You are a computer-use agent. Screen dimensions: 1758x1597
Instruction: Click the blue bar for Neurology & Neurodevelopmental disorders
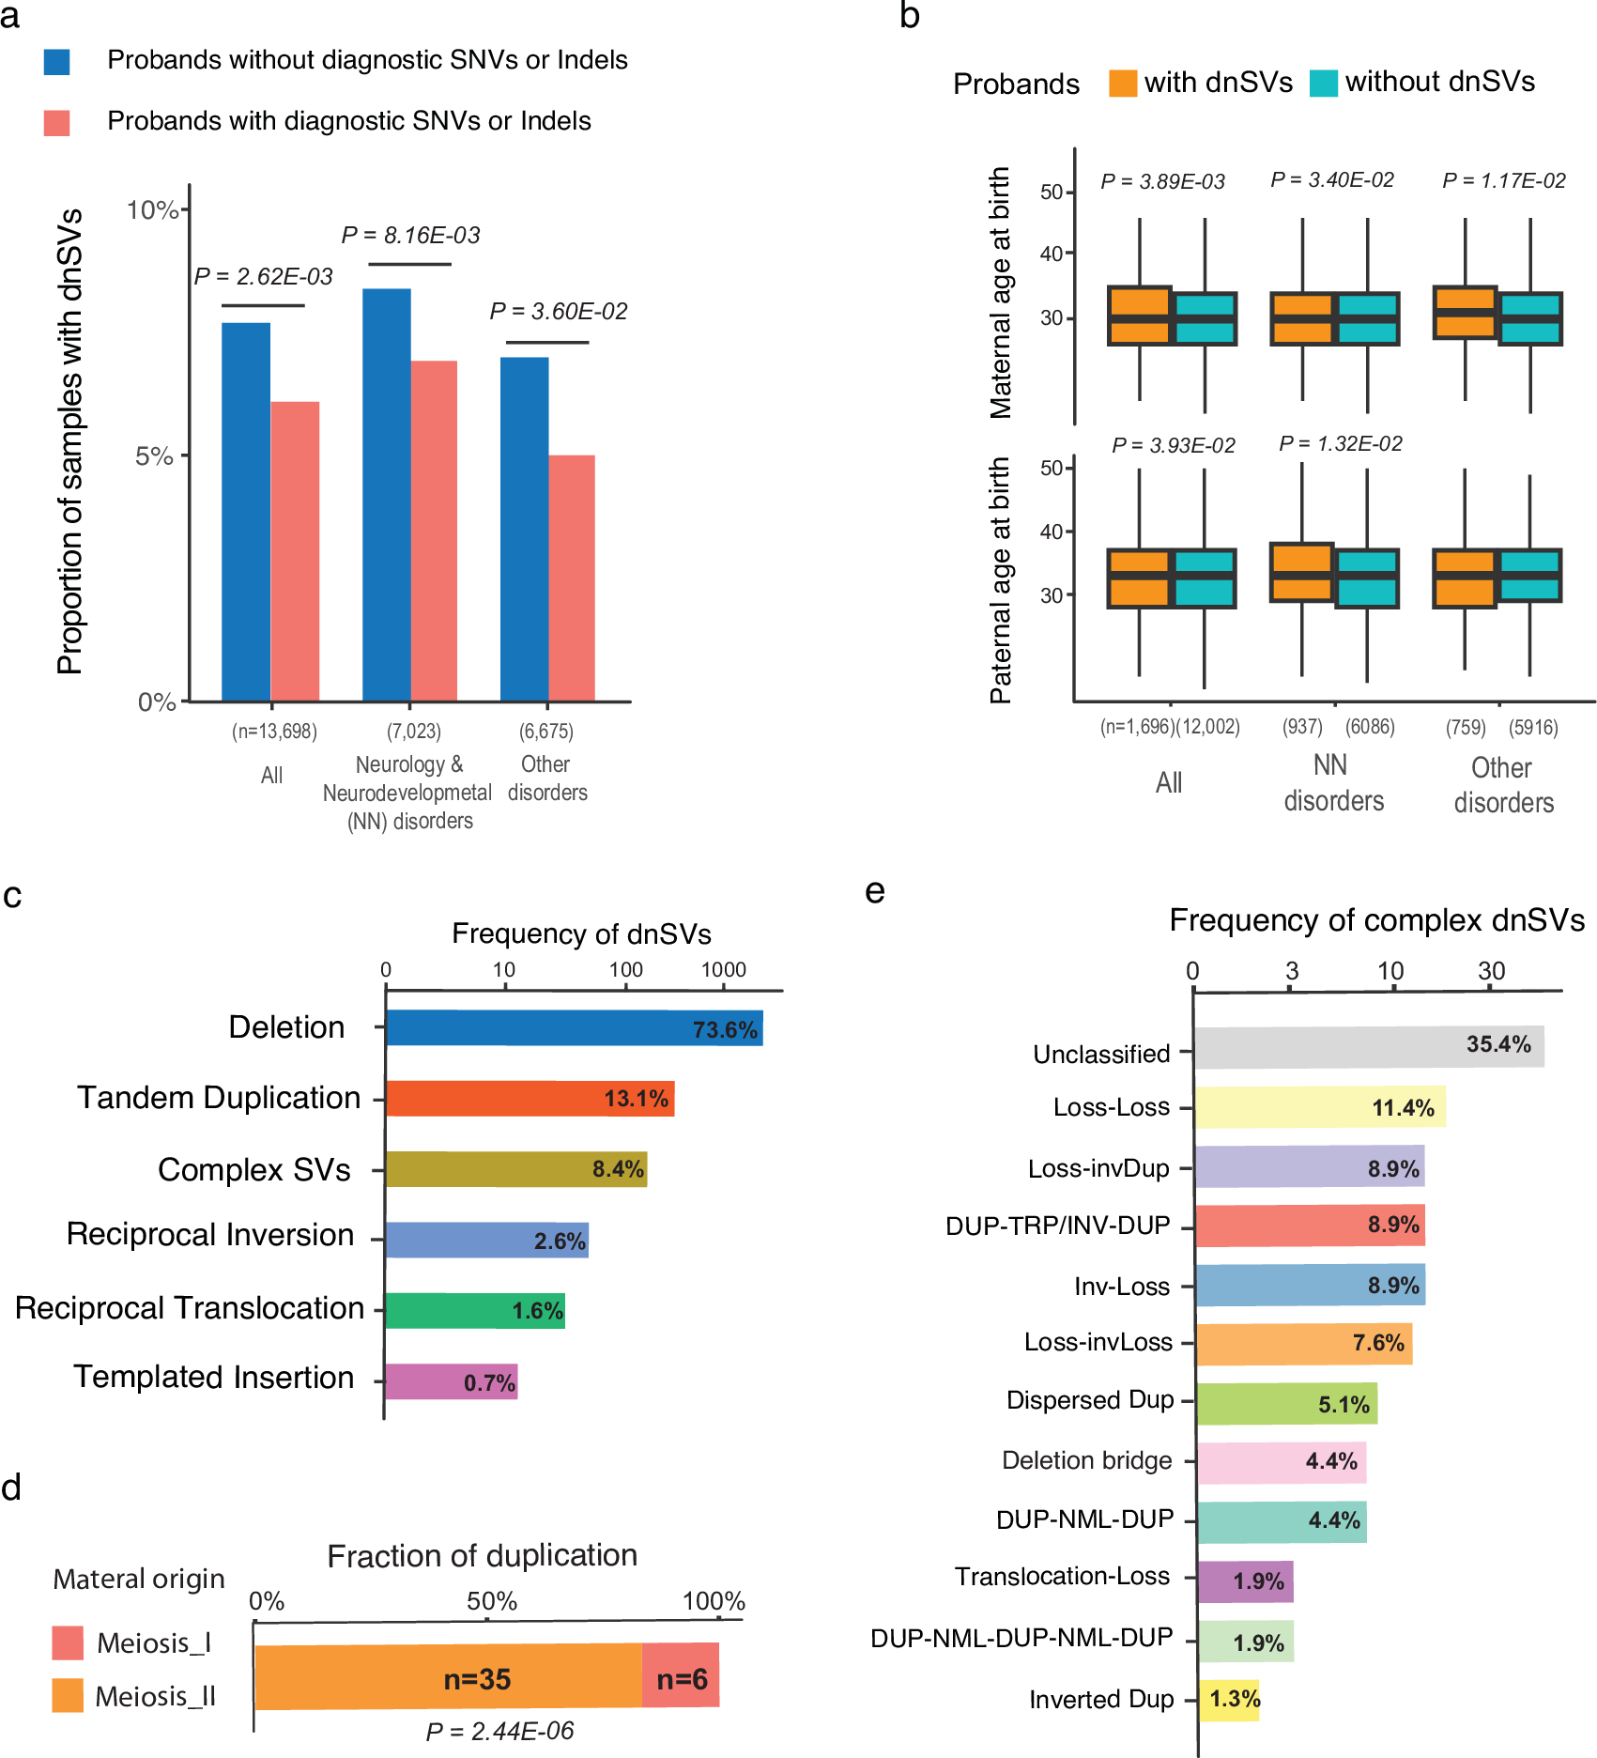coord(386,495)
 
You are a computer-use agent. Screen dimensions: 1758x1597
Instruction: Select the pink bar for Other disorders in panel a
coord(572,578)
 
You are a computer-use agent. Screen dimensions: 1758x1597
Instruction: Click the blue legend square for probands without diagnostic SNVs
coord(57,62)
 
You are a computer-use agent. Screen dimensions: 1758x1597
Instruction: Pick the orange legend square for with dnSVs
coord(1122,83)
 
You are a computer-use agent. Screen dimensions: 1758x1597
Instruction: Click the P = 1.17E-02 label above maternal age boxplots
coord(1503,180)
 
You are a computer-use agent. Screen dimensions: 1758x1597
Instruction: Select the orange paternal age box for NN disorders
coord(1300,572)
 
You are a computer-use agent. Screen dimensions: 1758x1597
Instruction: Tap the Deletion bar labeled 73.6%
coord(574,1028)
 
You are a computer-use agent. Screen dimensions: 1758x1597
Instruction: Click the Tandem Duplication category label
coord(219,1098)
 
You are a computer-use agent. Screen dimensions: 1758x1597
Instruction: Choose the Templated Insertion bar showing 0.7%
coord(451,1381)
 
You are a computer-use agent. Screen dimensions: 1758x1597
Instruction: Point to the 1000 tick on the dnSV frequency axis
coord(723,970)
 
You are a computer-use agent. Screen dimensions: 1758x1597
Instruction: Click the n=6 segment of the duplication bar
coord(681,1677)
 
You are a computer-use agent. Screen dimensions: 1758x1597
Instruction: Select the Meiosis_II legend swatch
coord(68,1696)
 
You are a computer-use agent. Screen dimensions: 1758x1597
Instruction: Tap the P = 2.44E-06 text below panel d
coord(499,1731)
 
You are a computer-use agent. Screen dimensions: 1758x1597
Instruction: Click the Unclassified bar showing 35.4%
coord(1368,1046)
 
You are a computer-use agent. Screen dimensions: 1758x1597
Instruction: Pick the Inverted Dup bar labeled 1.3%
coord(1228,1700)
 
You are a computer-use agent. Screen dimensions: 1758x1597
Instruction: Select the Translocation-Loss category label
coord(1062,1577)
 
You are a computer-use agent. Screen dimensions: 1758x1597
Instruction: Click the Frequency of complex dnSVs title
coord(1376,920)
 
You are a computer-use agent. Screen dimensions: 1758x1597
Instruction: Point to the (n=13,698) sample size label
coord(274,732)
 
